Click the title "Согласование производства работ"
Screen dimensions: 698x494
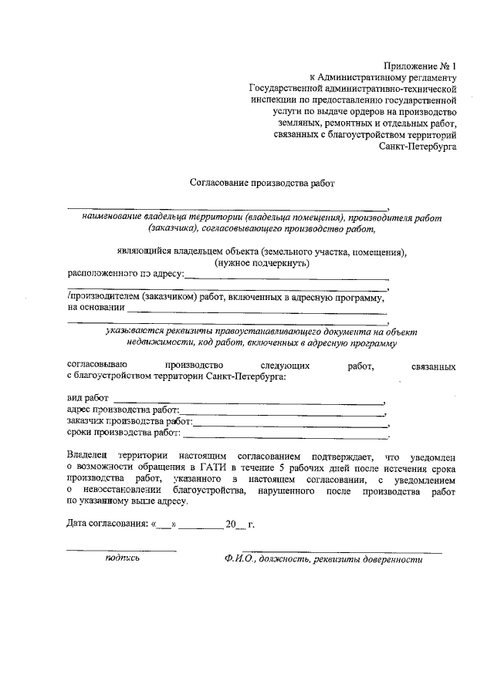[x=263, y=184]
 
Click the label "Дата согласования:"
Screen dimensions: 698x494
[x=107, y=524]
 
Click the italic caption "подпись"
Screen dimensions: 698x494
[x=122, y=559]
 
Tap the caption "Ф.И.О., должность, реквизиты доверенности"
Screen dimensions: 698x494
[x=320, y=560]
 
